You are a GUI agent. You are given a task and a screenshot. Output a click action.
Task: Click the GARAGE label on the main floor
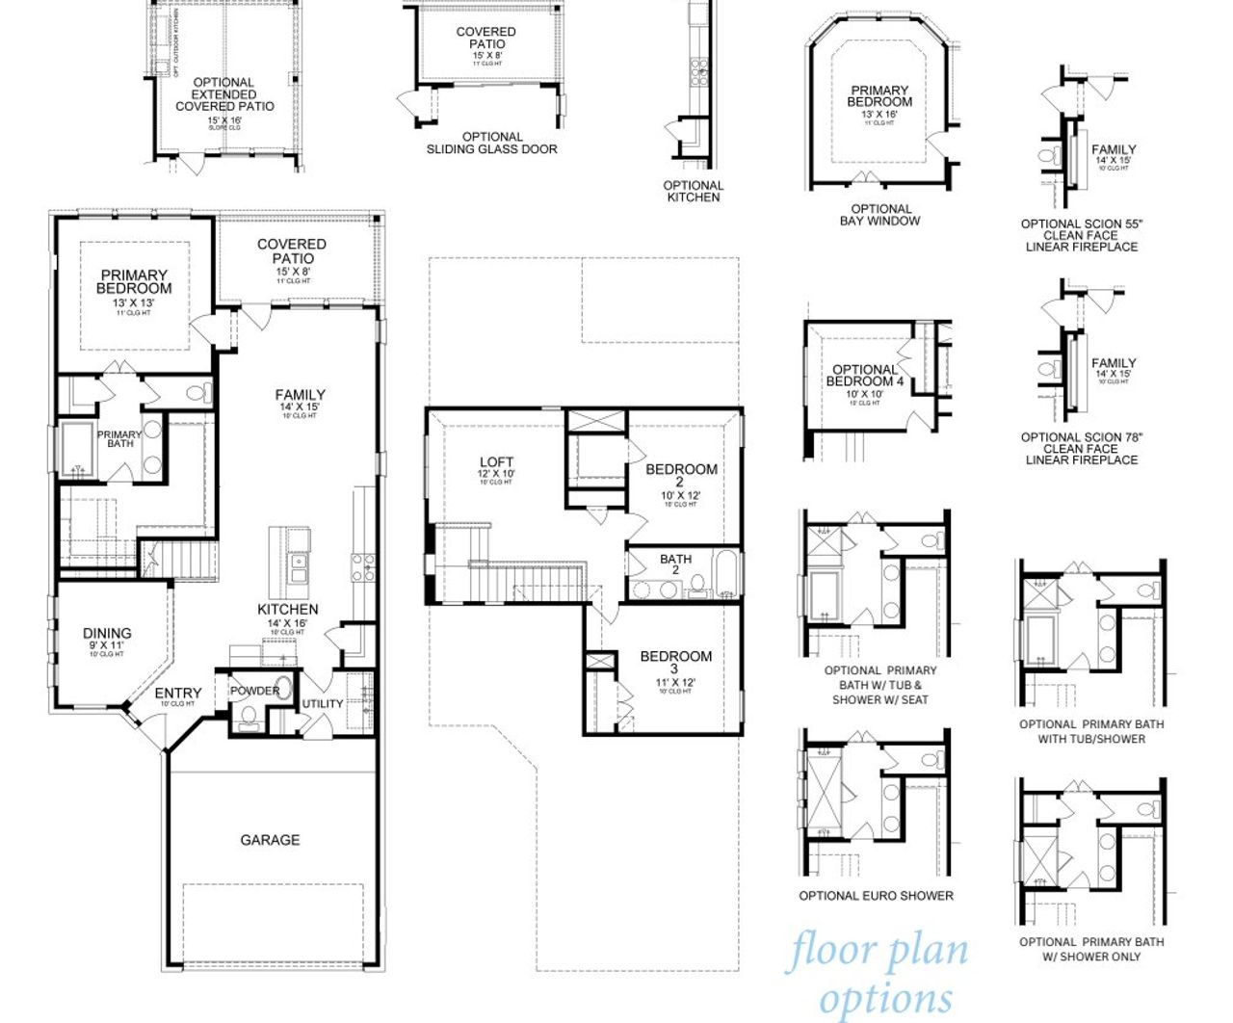pos(270,840)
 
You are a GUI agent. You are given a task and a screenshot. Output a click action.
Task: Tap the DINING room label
pos(107,634)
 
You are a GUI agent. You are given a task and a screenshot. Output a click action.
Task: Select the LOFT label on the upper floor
pos(496,462)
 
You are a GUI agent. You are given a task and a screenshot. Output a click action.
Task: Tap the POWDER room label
pos(254,691)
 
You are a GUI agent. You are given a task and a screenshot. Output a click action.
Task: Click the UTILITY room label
pos(323,703)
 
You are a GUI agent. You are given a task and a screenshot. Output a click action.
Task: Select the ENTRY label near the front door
pos(178,694)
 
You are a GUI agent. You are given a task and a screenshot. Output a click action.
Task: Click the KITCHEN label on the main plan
pos(287,610)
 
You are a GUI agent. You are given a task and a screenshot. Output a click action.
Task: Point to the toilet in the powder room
pos(249,715)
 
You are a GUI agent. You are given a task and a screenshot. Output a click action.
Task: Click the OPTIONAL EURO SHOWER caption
pos(876,896)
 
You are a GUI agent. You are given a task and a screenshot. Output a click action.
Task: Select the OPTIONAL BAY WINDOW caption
pos(880,215)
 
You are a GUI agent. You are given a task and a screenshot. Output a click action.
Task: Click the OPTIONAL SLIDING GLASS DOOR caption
pos(491,143)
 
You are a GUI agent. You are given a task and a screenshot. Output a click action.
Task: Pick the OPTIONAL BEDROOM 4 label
pos(865,376)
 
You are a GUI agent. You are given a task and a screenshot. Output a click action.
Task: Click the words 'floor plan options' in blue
pos(879,973)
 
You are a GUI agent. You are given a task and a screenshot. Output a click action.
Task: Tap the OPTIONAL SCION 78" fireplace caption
pos(1081,449)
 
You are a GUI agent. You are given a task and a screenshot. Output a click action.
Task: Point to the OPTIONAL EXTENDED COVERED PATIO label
pos(224,94)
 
